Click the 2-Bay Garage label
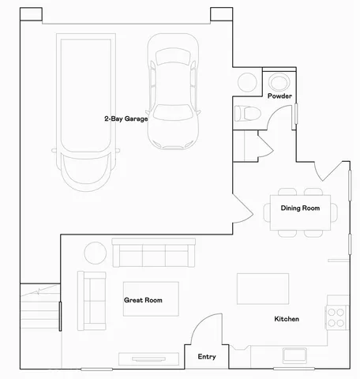(126, 118)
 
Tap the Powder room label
(279, 96)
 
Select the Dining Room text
(300, 208)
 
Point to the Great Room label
(143, 300)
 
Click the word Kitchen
(286, 319)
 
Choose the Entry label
(206, 357)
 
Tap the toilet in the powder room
(246, 112)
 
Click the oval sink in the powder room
(279, 81)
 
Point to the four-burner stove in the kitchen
(337, 317)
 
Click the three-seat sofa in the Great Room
(153, 254)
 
